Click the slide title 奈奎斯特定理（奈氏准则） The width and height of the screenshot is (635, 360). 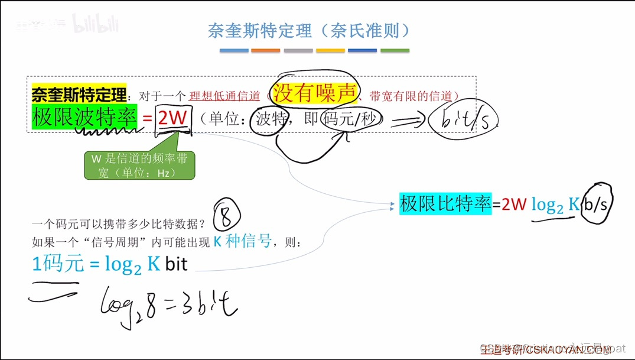pos(309,30)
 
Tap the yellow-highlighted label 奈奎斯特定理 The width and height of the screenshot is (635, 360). pos(79,94)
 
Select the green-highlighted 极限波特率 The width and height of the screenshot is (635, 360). pos(84,117)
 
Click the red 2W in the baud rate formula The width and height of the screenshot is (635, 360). pos(172,118)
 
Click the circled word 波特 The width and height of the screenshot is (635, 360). pos(270,119)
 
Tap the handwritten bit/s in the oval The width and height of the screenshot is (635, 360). pos(463,121)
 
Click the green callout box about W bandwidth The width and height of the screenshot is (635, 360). pos(139,166)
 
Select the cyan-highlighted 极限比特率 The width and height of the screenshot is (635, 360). pos(445,205)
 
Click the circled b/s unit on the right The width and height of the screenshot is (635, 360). pos(596,205)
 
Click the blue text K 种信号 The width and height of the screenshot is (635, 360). pos(243,241)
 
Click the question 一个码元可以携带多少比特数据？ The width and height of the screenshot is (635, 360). pos(118,225)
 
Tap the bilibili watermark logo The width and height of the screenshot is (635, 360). pos(95,24)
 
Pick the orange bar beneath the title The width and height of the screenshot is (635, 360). pos(266,51)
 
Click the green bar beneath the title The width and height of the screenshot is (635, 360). pos(395,51)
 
